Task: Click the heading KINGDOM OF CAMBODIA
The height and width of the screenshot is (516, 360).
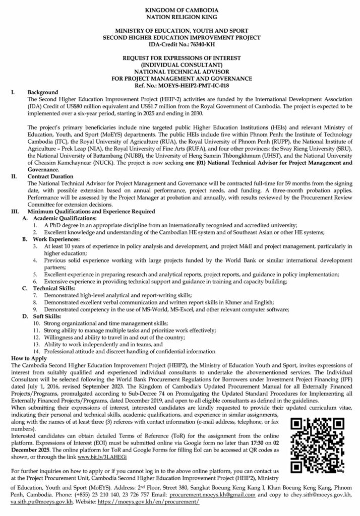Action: pyautogui.click(x=179, y=10)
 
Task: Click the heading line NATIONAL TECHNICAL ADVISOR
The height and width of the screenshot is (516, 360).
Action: pyautogui.click(x=180, y=72)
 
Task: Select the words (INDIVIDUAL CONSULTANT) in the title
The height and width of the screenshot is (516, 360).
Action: pyautogui.click(x=180, y=66)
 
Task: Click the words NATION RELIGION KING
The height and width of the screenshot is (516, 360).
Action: pyautogui.click(x=179, y=17)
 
